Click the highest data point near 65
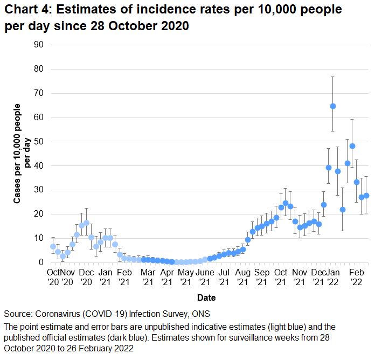pyautogui.click(x=333, y=106)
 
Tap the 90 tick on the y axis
pyautogui.click(x=39, y=45)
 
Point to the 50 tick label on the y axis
pyautogui.click(x=39, y=142)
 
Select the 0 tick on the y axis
pyautogui.click(x=41, y=262)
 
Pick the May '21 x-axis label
pyautogui.click(x=185, y=277)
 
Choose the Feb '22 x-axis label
pyautogui.click(x=356, y=277)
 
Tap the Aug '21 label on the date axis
pyautogui.click(x=243, y=277)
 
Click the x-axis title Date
pyautogui.click(x=207, y=297)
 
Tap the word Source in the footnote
pyautogui.click(x=17, y=314)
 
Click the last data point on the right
pyautogui.click(x=366, y=196)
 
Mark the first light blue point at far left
pyautogui.click(x=53, y=246)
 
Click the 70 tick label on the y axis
pyautogui.click(x=39, y=93)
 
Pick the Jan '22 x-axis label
pyautogui.click(x=335, y=277)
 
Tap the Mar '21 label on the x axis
pyautogui.click(x=148, y=277)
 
